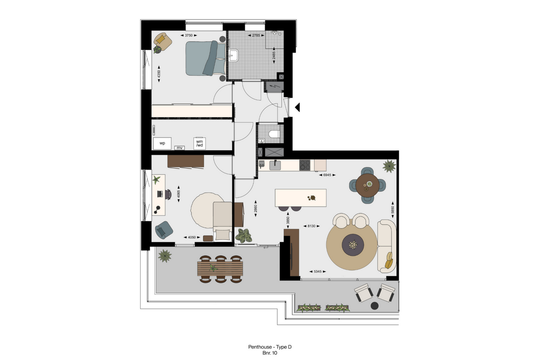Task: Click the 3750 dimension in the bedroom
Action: tap(189, 36)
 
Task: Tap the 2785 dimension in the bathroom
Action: tap(256, 36)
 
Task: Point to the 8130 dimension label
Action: tap(311, 226)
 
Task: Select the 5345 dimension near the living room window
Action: tap(318, 271)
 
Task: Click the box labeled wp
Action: tap(162, 143)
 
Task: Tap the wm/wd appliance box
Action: tap(199, 143)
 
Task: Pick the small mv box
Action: tap(179, 148)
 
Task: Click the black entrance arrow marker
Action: tap(297, 107)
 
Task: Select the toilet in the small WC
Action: tap(274, 134)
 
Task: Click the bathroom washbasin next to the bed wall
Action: tap(233, 56)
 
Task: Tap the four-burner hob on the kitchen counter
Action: tap(305, 165)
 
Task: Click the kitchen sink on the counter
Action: tap(275, 165)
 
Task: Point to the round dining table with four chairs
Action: tap(367, 185)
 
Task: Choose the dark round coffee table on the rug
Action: tap(353, 245)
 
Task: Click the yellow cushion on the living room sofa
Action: tap(389, 260)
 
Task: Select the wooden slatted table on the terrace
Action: tap(220, 269)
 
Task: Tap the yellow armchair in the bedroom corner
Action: tap(163, 41)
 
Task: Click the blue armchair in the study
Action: tap(164, 230)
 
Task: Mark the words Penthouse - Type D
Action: tap(270, 347)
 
